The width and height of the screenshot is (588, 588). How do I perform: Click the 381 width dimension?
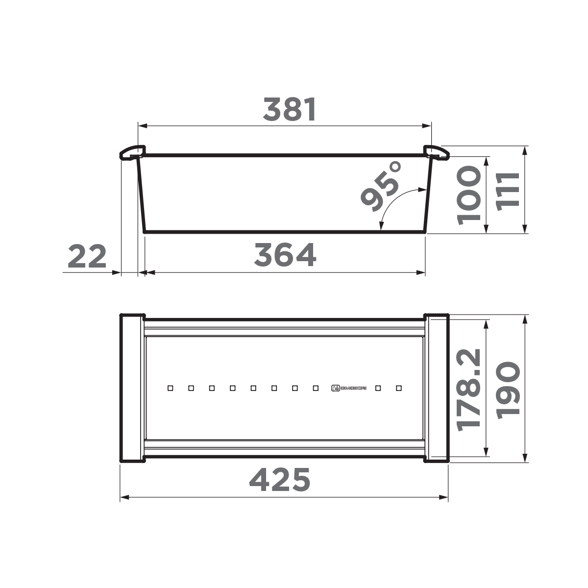tap(290, 109)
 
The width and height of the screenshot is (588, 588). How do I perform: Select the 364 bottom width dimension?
tap(285, 255)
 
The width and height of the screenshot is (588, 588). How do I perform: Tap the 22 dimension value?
tap(87, 256)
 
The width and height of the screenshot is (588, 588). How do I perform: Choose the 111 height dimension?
tap(507, 191)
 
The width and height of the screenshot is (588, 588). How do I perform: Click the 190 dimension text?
tap(507, 390)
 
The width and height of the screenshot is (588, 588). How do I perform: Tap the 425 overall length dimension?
tap(280, 480)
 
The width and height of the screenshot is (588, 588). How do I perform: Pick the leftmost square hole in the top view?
tap(170, 388)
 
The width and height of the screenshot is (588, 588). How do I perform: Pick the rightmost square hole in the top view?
tap(399, 388)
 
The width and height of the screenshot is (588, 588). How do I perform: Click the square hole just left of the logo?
tap(316, 388)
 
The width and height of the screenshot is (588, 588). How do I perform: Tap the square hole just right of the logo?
tap(378, 388)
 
